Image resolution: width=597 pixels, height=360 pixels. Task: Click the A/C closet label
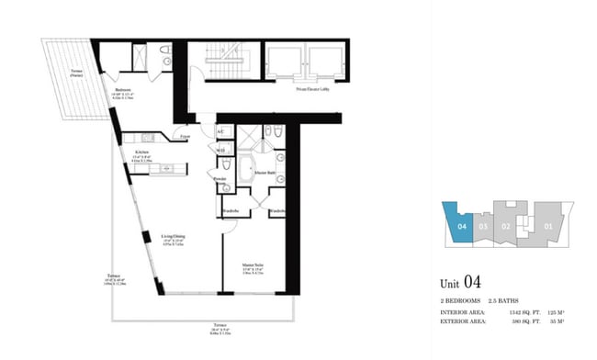click(221, 132)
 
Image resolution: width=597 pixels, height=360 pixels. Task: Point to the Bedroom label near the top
click(124, 89)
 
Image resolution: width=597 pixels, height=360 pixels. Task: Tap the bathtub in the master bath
click(246, 171)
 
